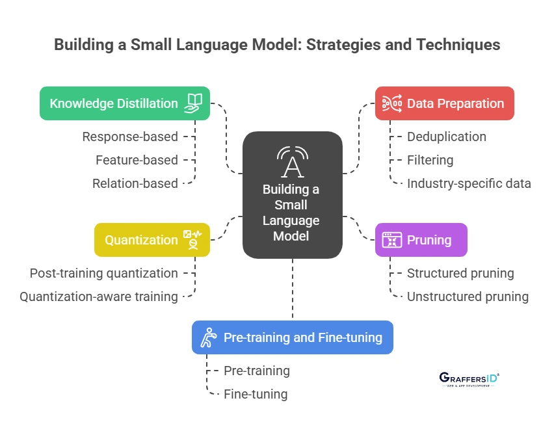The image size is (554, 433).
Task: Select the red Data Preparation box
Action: (x=445, y=103)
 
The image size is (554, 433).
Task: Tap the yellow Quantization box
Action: (x=152, y=240)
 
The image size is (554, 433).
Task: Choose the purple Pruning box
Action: (x=421, y=240)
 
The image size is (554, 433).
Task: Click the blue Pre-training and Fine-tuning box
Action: (x=293, y=337)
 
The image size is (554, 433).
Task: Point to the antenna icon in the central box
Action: (x=292, y=161)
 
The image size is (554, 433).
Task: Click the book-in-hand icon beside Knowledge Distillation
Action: (x=193, y=103)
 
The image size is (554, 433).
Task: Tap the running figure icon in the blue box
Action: (x=207, y=337)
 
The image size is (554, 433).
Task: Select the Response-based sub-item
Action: (x=130, y=137)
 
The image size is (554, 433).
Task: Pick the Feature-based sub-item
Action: (x=137, y=160)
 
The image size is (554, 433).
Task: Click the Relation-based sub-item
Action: (x=135, y=183)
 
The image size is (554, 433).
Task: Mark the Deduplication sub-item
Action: (x=447, y=137)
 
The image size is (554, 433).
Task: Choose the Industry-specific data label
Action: (x=469, y=183)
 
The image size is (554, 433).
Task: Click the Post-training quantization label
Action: (x=104, y=273)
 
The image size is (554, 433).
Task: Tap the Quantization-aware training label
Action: (x=99, y=296)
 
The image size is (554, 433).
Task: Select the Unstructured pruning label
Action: (x=468, y=296)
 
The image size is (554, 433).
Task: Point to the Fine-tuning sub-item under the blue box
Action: (x=256, y=394)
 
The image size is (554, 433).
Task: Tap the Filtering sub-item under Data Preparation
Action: (x=430, y=160)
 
